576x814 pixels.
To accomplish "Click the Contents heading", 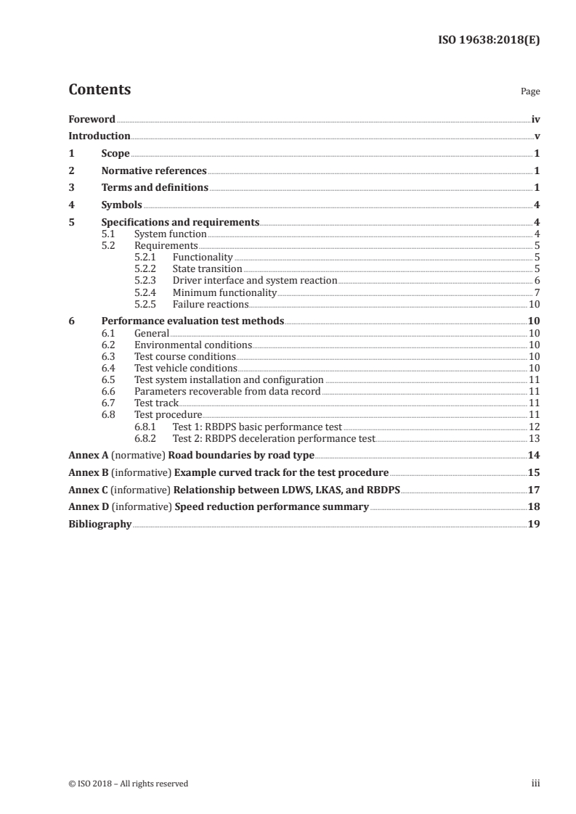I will click(x=100, y=90).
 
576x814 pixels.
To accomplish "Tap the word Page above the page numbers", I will click(x=530, y=92).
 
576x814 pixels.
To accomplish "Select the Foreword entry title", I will click(x=92, y=119).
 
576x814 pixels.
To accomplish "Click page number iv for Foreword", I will click(x=535, y=119).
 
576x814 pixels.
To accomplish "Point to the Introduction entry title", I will click(x=100, y=136).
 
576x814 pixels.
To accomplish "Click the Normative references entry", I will click(x=154, y=171).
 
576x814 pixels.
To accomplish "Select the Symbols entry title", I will click(x=121, y=205).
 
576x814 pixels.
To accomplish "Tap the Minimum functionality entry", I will click(x=224, y=292).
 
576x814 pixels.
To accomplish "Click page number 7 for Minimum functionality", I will click(x=537, y=292).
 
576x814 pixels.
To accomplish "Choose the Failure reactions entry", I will click(x=210, y=304).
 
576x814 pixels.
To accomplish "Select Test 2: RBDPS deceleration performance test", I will click(x=274, y=438).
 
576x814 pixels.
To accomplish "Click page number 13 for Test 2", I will click(x=534, y=438).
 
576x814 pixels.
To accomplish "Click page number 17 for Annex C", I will click(x=534, y=489).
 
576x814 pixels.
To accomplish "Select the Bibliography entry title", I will click(x=100, y=524).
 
